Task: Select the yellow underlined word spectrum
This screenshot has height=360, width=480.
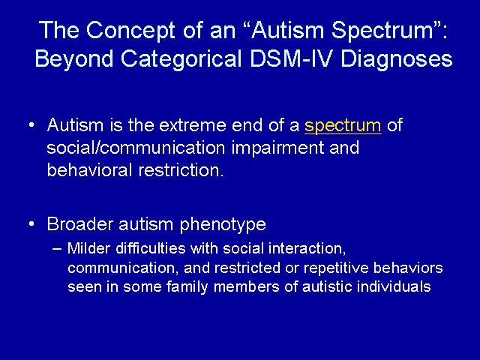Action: (343, 126)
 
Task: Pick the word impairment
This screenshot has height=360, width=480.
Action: (277, 148)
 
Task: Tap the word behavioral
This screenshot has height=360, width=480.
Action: (89, 170)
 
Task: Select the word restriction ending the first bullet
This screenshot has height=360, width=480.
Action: (181, 170)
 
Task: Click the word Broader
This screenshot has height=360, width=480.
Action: (80, 223)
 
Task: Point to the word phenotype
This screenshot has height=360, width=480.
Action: (223, 225)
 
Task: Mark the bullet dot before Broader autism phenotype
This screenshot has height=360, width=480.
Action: (31, 224)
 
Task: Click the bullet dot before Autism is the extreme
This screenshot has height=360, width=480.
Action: (31, 125)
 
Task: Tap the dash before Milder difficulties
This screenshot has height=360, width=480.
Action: (57, 248)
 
